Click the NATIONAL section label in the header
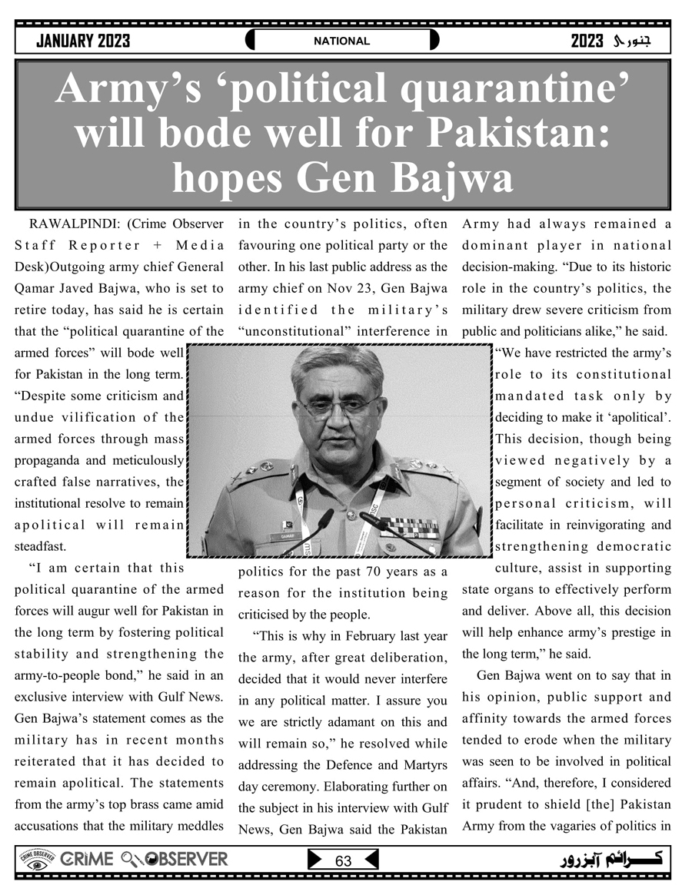(x=341, y=41)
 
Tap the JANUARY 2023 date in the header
(x=83, y=41)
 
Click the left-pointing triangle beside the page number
(x=370, y=859)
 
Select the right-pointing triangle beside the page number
(x=315, y=859)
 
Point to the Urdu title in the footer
(x=614, y=859)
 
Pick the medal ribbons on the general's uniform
(x=410, y=528)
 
